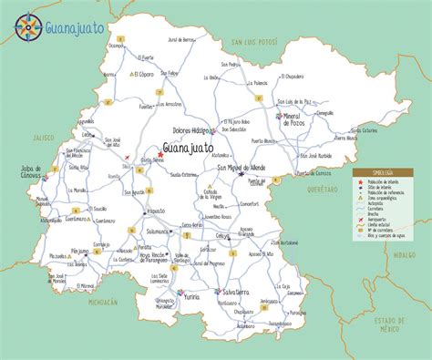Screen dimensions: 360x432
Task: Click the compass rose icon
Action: pos(26,27)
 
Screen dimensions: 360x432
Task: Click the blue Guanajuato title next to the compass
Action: pos(77,20)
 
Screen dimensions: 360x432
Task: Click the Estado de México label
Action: pos(386,324)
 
